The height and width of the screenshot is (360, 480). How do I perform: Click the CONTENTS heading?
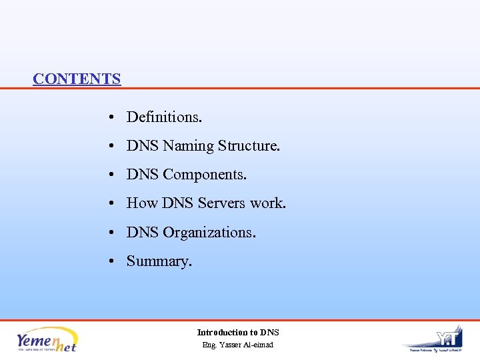[x=77, y=79]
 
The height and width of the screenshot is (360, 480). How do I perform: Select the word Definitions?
[x=164, y=117]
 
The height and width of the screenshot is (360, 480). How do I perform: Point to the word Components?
[x=205, y=175]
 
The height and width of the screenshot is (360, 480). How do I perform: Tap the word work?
[x=268, y=203]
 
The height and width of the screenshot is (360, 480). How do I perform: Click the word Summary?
[x=159, y=261]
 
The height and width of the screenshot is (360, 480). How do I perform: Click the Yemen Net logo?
[x=47, y=340]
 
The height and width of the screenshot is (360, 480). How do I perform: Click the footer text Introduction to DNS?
[x=238, y=332]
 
